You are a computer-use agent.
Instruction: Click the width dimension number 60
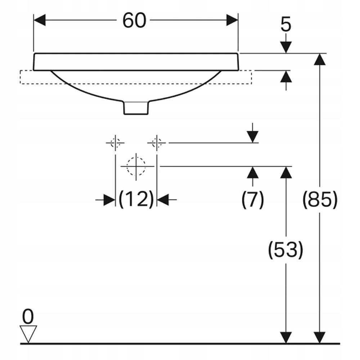[x=134, y=21]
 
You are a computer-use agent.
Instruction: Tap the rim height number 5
[x=286, y=24]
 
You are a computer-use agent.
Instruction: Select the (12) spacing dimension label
[x=136, y=199]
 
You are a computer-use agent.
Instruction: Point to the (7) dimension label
[x=253, y=199]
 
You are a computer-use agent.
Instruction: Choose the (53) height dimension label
[x=285, y=250]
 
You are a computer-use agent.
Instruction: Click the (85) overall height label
[x=320, y=199]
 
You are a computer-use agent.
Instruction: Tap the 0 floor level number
[x=28, y=316]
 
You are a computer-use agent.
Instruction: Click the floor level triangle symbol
[x=28, y=334]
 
